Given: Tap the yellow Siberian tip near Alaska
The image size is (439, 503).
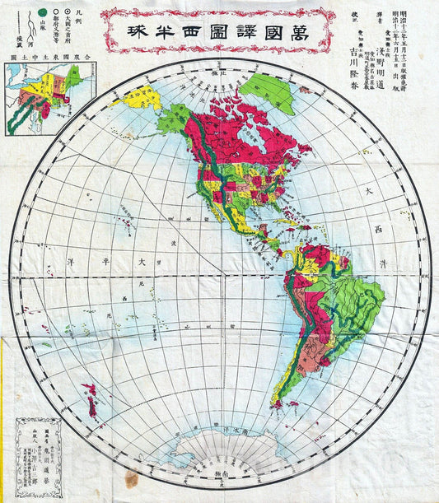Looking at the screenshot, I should [137, 98].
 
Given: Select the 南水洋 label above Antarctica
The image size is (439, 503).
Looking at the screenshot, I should [230, 430].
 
